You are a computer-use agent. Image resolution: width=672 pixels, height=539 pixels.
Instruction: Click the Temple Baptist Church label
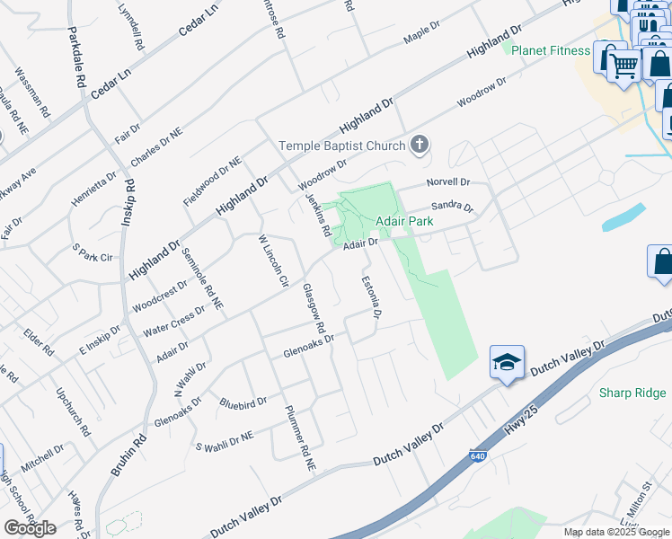[342, 146]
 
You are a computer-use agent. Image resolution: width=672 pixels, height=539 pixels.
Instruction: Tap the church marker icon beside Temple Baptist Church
[419, 144]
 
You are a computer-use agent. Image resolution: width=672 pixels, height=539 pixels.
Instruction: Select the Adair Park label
[404, 220]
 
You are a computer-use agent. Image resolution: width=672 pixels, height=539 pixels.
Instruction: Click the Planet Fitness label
[551, 50]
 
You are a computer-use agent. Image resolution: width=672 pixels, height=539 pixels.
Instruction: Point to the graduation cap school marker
[507, 362]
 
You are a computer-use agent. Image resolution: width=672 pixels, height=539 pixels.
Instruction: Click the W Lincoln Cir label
[272, 261]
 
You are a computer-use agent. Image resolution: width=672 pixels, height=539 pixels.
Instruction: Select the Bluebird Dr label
[243, 402]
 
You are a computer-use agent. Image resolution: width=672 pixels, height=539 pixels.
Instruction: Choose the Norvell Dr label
[448, 181]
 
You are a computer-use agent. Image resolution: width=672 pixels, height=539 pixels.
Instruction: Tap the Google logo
[30, 528]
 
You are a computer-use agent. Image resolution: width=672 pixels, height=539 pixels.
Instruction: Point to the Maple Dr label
[420, 37]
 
